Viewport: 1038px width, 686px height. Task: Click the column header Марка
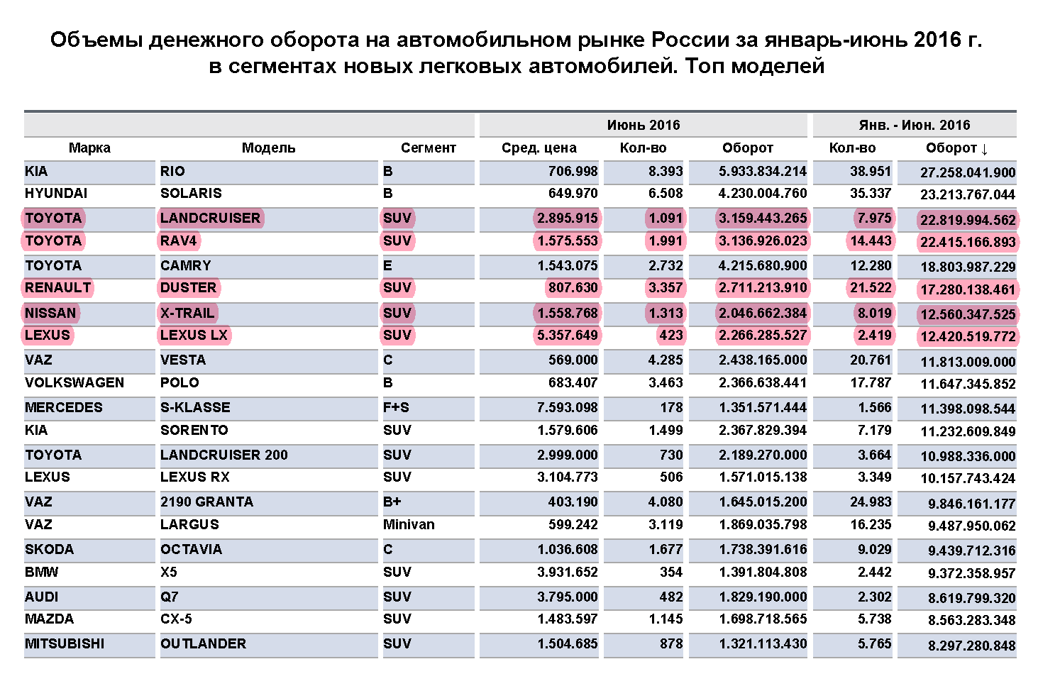[89, 148]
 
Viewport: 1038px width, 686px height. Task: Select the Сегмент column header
[428, 148]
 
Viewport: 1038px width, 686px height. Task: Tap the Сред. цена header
[539, 148]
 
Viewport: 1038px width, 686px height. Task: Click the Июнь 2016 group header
[643, 126]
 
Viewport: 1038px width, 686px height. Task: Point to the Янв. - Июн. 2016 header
[914, 126]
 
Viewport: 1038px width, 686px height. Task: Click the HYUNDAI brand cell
[56, 194]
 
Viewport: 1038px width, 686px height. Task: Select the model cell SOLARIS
[191, 194]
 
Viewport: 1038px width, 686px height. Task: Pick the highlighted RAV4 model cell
[179, 241]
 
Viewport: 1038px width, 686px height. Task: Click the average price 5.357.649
[567, 336]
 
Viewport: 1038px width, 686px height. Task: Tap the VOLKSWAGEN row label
[74, 383]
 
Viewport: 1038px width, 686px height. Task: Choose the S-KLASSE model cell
[195, 408]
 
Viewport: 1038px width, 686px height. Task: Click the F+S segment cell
[396, 408]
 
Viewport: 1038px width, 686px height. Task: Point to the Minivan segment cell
[409, 525]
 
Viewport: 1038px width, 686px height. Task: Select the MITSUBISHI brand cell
[65, 644]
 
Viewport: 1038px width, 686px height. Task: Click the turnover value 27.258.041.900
[968, 172]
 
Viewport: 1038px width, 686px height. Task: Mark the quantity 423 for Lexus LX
[670, 336]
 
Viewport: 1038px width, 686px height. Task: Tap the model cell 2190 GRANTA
[206, 502]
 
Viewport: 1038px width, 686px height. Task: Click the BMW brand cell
[42, 572]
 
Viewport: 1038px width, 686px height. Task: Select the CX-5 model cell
[176, 619]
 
